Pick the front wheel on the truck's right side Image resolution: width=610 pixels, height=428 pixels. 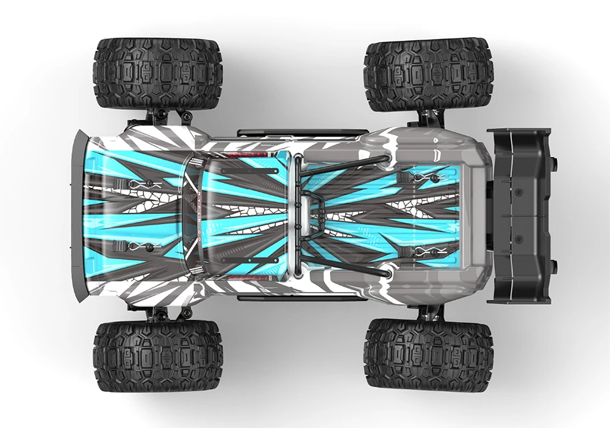coord(158,73)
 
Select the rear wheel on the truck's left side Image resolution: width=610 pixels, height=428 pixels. coord(428,354)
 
